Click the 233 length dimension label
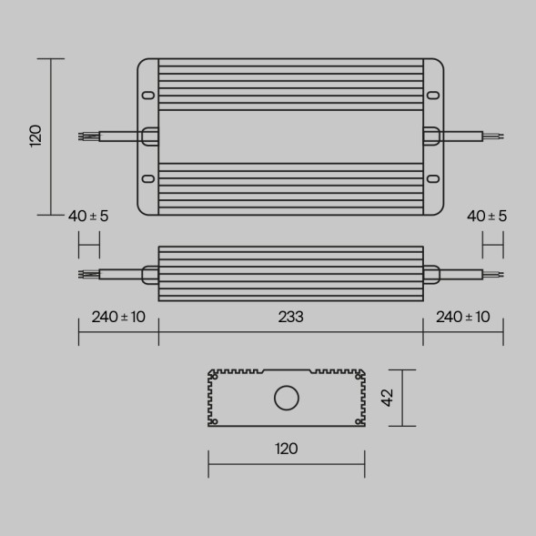[290, 317]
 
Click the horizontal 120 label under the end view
[286, 448]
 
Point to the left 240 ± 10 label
[118, 317]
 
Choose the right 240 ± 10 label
[463, 317]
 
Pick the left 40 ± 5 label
[88, 216]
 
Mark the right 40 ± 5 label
[487, 216]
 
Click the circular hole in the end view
[287, 399]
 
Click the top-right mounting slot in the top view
[434, 95]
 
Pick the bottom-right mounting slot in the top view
[434, 179]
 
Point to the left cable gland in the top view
[149, 137]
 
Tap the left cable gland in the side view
[150, 273]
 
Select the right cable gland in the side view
[431, 273]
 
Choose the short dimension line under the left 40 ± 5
[88, 245]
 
